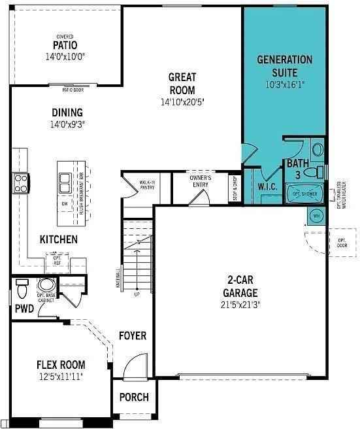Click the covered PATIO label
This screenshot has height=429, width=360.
tap(65, 45)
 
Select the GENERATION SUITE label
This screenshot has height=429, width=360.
tap(284, 65)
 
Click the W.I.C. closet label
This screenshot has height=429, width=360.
tap(268, 186)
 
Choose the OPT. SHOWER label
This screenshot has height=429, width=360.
tap(304, 194)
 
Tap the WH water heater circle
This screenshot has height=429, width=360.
tap(316, 215)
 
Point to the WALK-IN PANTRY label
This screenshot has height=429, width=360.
tap(147, 184)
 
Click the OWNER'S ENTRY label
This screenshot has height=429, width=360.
tap(200, 180)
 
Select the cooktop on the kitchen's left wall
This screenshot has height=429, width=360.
tap(20, 181)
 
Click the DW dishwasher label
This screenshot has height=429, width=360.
tap(65, 204)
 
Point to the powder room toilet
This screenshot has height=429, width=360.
tap(22, 288)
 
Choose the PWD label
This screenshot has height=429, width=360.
tap(24, 308)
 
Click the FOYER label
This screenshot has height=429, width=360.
tap(132, 336)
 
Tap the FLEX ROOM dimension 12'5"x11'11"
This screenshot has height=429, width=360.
tap(60, 377)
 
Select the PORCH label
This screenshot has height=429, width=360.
tap(134, 397)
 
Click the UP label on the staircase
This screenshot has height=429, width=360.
tap(136, 294)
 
